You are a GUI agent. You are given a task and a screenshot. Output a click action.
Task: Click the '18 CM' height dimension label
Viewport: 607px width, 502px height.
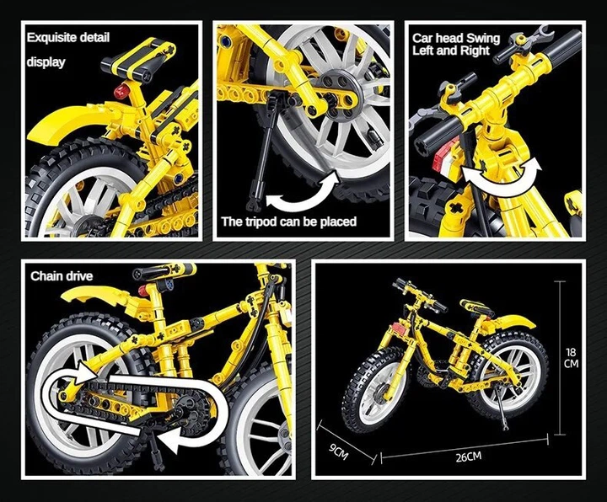[571, 358]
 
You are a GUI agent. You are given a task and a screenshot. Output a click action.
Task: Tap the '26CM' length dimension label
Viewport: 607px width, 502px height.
[469, 457]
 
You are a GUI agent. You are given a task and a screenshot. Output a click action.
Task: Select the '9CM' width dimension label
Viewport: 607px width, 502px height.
[339, 451]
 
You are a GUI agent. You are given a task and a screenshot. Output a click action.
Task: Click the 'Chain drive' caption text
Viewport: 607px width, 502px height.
[62, 276]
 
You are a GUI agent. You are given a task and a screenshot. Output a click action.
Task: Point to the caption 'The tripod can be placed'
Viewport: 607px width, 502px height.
[289, 222]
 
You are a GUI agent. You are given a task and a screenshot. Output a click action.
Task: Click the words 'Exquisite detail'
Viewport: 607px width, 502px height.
[68, 38]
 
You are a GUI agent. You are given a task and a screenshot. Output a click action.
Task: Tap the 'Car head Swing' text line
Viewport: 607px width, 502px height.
[456, 38]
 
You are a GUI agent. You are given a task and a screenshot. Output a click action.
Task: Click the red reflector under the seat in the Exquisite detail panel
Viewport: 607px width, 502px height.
[123, 91]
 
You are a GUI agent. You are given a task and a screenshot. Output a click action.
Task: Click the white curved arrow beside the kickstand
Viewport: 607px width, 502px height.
[303, 191]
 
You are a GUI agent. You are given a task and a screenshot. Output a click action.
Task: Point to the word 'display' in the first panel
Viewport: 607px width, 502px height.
[46, 62]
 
